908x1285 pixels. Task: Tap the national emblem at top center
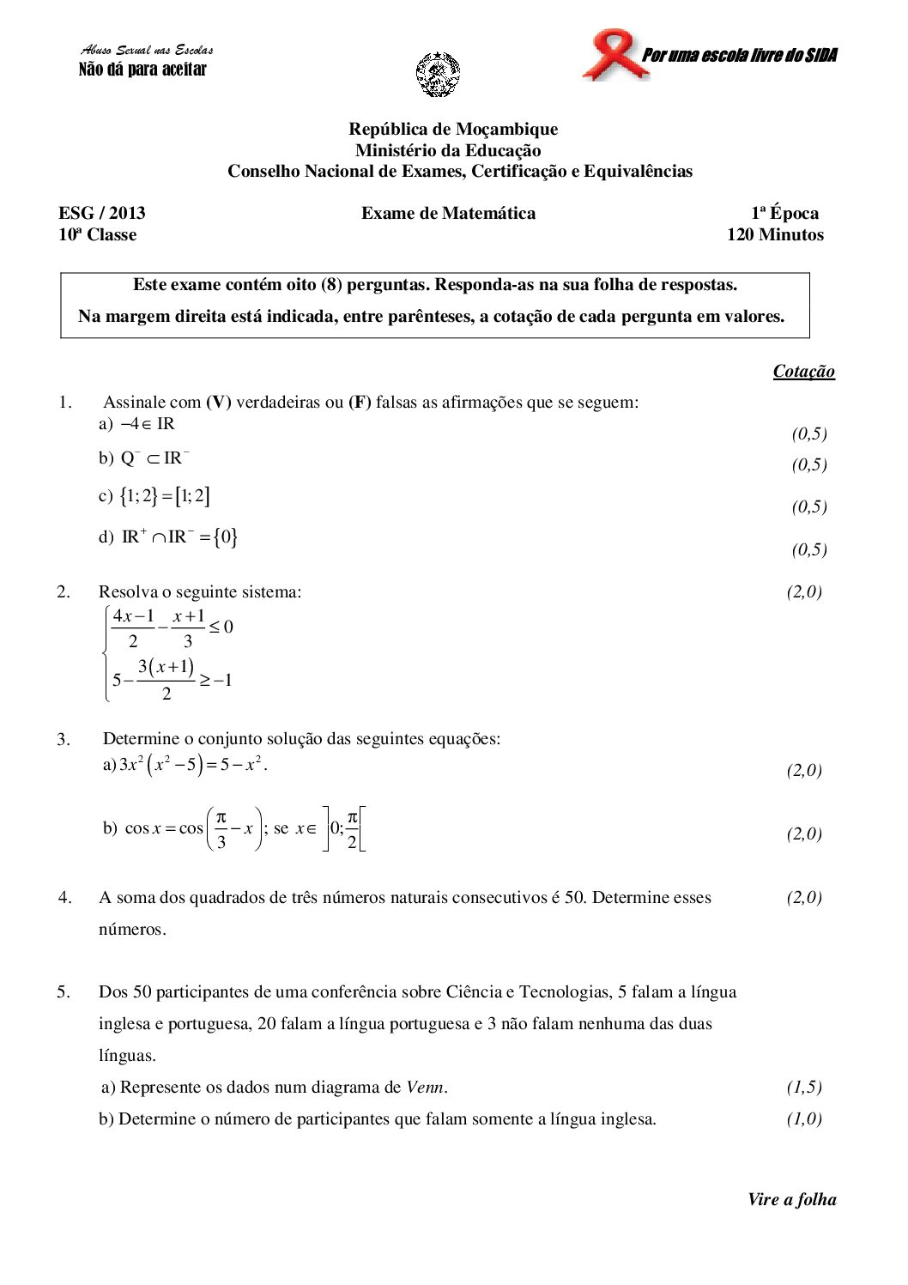[438, 74]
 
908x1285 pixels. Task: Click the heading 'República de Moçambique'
[453, 129]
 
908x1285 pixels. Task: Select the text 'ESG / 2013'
[102, 213]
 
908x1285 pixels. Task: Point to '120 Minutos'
[775, 234]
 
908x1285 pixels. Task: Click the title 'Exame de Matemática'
[448, 213]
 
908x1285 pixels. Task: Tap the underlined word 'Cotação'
[803, 371]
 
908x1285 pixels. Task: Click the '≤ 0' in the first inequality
[221, 627]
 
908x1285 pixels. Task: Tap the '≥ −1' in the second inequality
[216, 681]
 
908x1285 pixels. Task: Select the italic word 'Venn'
[426, 1087]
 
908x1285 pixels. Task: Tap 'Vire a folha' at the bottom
[791, 1199]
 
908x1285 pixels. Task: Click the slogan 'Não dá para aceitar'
[142, 70]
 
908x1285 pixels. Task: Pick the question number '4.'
[65, 897]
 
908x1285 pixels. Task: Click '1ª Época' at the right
[784, 213]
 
